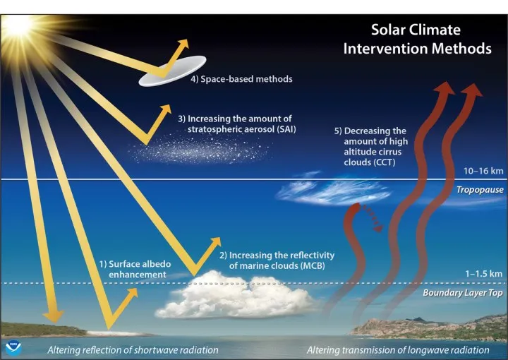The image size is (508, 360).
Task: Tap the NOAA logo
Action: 14,347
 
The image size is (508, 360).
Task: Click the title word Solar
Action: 387,30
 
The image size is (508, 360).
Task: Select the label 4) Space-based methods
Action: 241,79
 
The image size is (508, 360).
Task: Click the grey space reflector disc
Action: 172,71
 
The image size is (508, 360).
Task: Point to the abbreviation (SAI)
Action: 286,129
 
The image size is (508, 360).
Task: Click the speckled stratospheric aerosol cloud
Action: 199,150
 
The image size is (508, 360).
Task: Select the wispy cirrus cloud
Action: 334,191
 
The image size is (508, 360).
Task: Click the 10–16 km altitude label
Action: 483,171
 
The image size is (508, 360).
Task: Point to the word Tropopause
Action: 480,190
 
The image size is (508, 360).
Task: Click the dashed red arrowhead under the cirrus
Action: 377,228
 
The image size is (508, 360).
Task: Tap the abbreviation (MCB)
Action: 313,265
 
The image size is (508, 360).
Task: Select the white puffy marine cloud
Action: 235,296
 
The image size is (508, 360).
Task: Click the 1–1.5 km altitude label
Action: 484,274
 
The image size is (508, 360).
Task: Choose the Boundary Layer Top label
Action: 463,293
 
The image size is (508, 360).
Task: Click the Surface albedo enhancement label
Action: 135,269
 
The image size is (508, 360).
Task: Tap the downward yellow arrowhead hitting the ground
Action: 54,316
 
